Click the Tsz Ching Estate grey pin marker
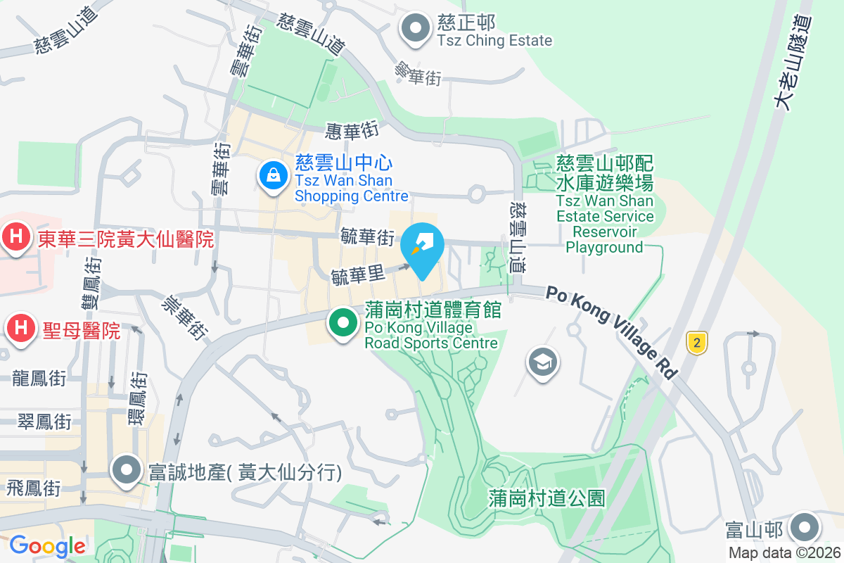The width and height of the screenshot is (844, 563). pos(415,29)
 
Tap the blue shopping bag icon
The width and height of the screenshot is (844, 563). pos(272,175)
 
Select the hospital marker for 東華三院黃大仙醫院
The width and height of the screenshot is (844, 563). pos(14,238)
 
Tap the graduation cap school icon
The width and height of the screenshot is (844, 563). pos(542,363)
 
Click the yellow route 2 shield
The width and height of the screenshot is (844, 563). pos(696,343)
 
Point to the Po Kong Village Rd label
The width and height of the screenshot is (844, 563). pos(611,331)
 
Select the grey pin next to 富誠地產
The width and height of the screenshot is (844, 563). pos(127,469)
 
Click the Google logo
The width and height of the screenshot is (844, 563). pos(47,545)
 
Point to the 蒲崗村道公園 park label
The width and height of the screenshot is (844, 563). pos(546,498)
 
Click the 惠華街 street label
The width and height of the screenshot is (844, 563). pos(352,130)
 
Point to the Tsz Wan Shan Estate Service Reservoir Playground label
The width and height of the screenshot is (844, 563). pos(605,205)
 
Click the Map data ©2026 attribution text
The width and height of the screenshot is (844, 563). pos(784,552)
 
